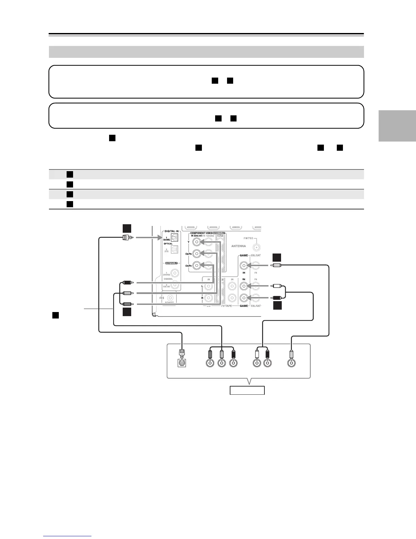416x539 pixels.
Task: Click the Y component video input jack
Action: [x=196, y=242]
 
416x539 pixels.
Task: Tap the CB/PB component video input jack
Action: [x=196, y=254]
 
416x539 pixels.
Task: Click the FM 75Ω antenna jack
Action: [x=257, y=247]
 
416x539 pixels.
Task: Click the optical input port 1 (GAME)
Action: [x=174, y=238]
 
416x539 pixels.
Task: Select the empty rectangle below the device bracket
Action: [x=247, y=390]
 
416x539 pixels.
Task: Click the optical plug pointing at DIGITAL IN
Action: [x=127, y=238]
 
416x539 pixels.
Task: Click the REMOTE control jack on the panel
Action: [x=172, y=298]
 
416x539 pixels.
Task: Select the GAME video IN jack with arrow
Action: [x=243, y=266]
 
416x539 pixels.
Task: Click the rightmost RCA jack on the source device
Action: [x=291, y=363]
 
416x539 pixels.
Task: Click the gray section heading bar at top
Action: [x=206, y=52]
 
